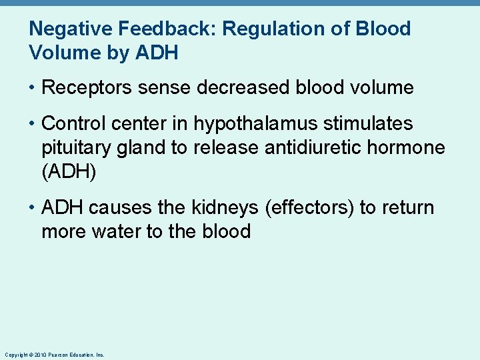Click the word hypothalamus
[262, 124]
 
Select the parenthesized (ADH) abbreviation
[69, 172]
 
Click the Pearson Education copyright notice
[54, 355]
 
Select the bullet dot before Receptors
[32, 88]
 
